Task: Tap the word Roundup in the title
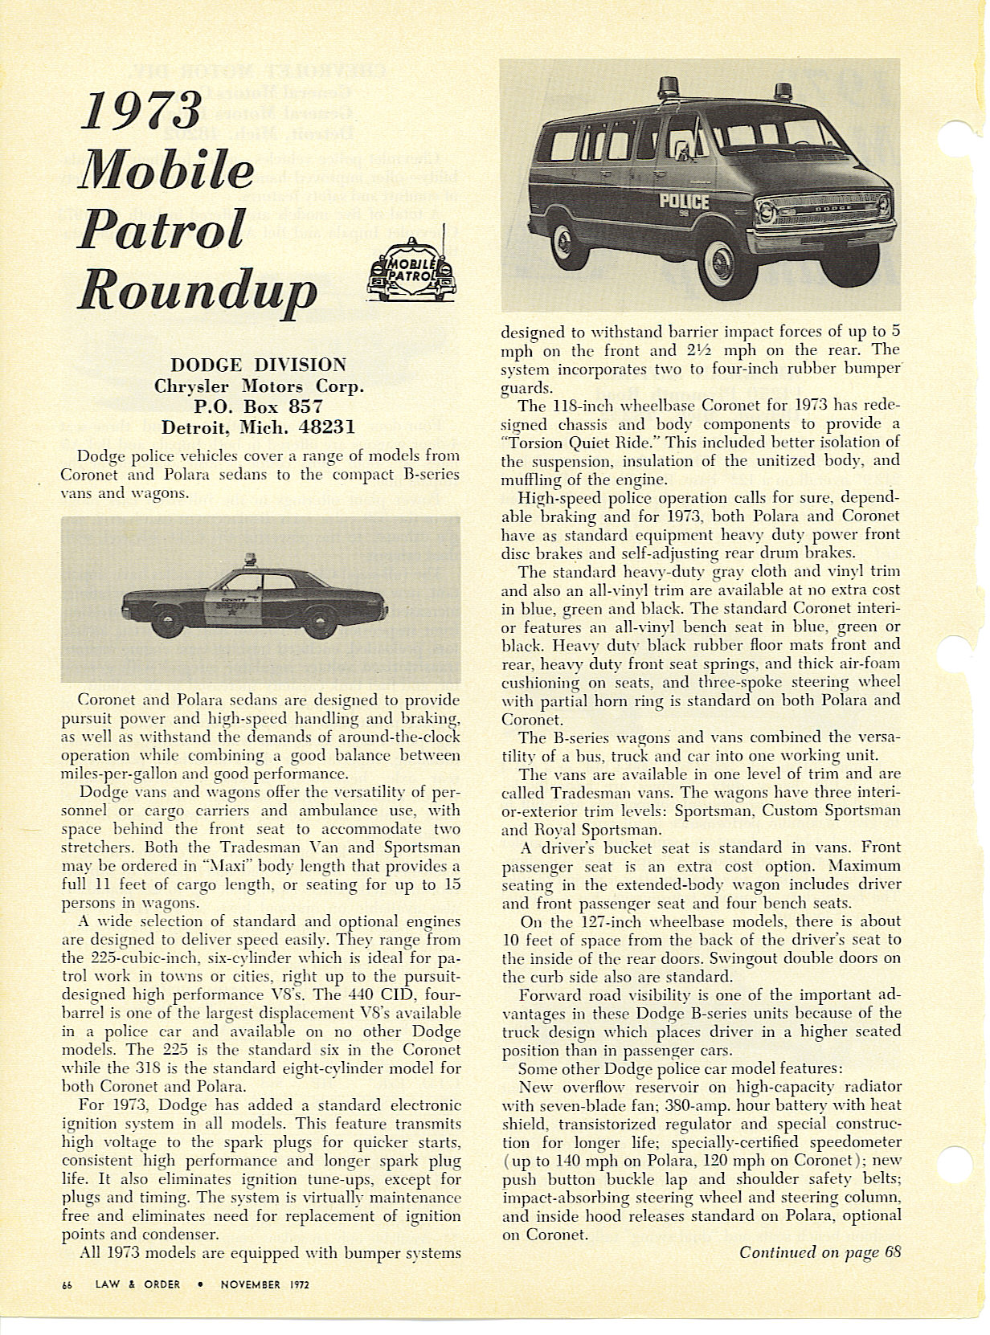pos(197,285)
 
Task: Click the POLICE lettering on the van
pos(684,201)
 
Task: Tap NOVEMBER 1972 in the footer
pos(264,1284)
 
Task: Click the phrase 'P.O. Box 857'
pos(259,406)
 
